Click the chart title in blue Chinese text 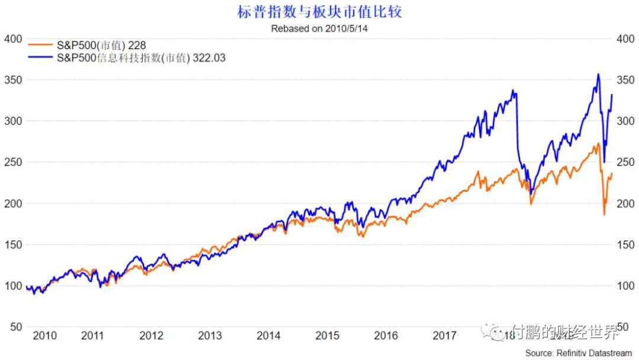tap(319, 12)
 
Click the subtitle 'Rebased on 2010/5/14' tap(319, 28)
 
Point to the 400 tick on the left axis tap(12, 39)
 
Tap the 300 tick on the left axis tap(12, 121)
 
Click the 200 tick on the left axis tap(12, 204)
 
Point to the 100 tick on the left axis tap(12, 286)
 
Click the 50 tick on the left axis tap(16, 327)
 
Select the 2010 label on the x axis tap(45, 336)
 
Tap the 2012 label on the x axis tap(151, 336)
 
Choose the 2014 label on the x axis tap(269, 336)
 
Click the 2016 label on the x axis tap(386, 336)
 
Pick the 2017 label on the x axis tap(444, 336)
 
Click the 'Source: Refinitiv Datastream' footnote tap(578, 353)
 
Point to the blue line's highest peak tap(598, 74)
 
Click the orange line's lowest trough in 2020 tap(604, 214)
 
